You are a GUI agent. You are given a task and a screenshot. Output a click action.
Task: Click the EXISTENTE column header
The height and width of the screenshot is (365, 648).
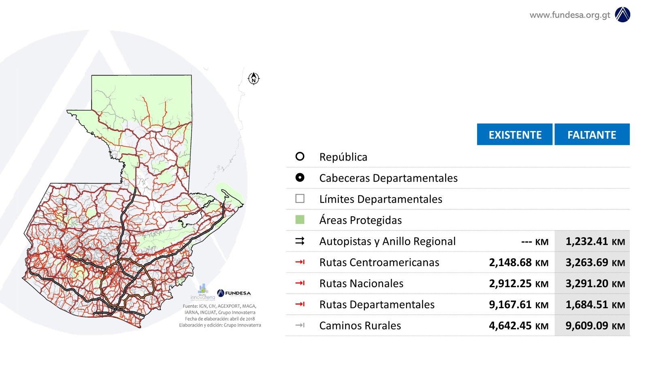click(x=515, y=135)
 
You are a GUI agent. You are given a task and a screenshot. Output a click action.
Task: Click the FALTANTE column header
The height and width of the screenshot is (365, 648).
click(x=592, y=135)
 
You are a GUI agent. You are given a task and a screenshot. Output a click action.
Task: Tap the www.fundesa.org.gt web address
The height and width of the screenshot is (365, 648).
click(x=569, y=15)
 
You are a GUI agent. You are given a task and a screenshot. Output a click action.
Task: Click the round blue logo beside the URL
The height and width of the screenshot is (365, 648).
click(x=622, y=15)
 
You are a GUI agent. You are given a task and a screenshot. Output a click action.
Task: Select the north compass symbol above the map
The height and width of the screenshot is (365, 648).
click(x=254, y=78)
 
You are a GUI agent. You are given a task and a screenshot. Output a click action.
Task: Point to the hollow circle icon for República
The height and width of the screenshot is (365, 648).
click(x=300, y=157)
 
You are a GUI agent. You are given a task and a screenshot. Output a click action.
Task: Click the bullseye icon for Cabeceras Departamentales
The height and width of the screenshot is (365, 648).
click(x=300, y=178)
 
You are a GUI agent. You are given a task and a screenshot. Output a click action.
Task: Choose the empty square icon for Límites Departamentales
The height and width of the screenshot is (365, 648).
click(x=300, y=199)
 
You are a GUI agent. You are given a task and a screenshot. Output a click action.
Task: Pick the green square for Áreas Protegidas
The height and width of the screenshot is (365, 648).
click(x=300, y=220)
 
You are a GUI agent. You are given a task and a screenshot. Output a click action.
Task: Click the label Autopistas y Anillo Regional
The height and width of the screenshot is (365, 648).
click(x=387, y=241)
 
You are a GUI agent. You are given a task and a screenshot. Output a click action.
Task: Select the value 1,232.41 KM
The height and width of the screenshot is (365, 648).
click(x=595, y=242)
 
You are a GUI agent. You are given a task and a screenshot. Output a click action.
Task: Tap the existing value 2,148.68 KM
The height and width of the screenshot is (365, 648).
click(x=518, y=263)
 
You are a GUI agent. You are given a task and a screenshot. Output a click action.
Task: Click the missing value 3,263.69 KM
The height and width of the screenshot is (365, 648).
click(x=595, y=263)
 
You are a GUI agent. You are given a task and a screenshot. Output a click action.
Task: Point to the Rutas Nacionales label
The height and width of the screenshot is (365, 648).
click(x=361, y=283)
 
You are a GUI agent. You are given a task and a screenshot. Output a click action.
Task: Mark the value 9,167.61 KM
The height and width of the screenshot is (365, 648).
click(x=518, y=305)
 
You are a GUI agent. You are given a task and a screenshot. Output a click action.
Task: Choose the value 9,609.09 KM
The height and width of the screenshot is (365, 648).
click(x=595, y=326)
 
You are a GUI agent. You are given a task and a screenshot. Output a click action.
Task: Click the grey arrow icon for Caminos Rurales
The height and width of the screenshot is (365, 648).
click(x=300, y=325)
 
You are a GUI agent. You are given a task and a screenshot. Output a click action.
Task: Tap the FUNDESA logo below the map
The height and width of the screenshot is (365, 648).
click(x=234, y=293)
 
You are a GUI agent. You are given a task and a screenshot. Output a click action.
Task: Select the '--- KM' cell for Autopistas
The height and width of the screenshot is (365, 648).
click(x=535, y=242)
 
